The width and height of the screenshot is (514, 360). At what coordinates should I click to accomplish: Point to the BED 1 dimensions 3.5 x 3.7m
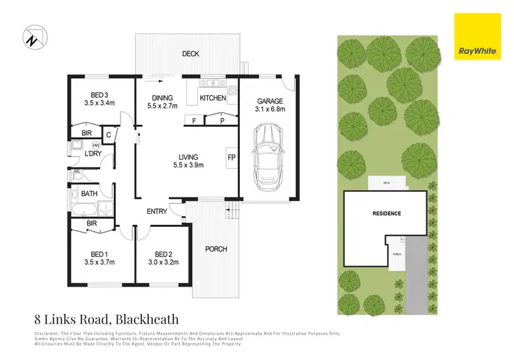click(x=100, y=261)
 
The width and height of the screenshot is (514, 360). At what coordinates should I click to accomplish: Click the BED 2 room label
click(x=163, y=252)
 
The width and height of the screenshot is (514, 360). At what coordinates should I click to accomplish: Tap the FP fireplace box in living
click(x=231, y=157)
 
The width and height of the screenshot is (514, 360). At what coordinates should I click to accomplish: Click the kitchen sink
click(x=213, y=84)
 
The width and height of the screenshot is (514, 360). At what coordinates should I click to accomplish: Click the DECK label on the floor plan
click(x=190, y=54)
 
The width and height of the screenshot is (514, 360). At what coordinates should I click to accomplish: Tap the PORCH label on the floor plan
click(x=217, y=248)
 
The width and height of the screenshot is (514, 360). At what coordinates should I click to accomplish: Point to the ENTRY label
click(x=156, y=211)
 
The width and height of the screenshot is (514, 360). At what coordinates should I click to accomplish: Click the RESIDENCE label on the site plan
click(x=387, y=213)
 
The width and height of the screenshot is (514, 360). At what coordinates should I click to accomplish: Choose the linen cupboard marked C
click(x=109, y=134)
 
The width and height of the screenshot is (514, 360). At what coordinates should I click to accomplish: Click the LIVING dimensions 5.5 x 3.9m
click(x=189, y=165)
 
